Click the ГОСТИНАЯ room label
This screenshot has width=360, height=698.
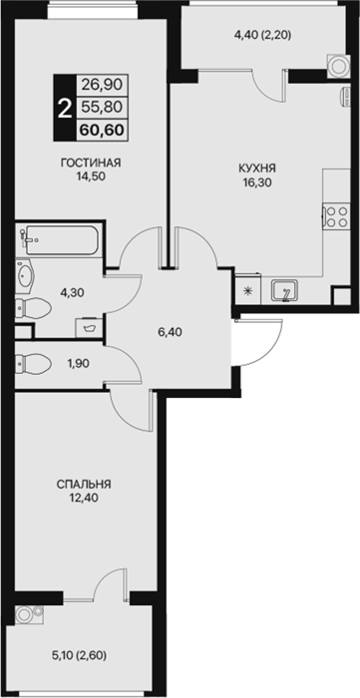pos(91,163)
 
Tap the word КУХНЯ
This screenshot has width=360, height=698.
pos(257,169)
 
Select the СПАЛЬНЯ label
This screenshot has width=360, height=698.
pos(84,485)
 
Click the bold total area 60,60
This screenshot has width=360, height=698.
pos(102,129)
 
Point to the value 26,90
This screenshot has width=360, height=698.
pos(102,84)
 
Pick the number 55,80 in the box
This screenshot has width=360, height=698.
pos(102,107)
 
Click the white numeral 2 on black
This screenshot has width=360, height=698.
pos(65,108)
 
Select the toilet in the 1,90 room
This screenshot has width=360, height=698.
pos(33,363)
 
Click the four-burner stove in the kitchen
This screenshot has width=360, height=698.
pos(335,216)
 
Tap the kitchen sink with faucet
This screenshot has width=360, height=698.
pos(285,291)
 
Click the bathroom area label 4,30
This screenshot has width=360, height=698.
pos(72,293)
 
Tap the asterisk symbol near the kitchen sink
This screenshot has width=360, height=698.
pos(248,291)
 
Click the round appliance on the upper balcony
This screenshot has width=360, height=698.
pos(337,65)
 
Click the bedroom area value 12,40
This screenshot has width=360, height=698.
pos(84,498)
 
